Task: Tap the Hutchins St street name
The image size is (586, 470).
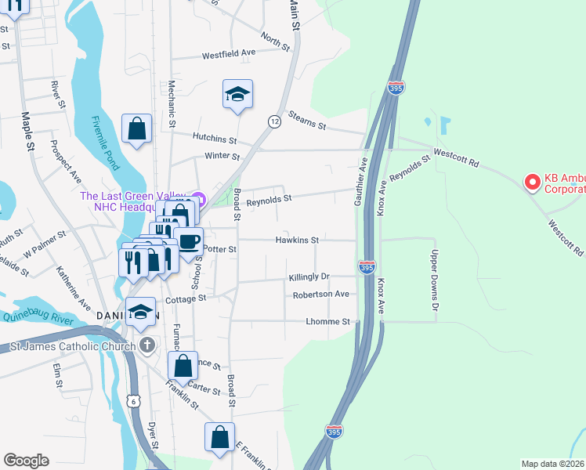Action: coord(215,139)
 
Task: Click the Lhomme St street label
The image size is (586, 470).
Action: coord(327,322)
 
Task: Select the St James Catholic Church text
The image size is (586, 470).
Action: coord(72,346)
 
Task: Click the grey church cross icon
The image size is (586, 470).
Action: coord(146,345)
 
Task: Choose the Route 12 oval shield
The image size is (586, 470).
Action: coord(273,121)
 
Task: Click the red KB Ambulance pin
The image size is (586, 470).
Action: coord(532,182)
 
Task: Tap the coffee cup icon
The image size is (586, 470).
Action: coord(188,240)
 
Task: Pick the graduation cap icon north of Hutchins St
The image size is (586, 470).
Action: coord(237,94)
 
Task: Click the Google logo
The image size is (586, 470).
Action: coord(26,461)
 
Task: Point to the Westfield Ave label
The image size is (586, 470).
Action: coord(229,54)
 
